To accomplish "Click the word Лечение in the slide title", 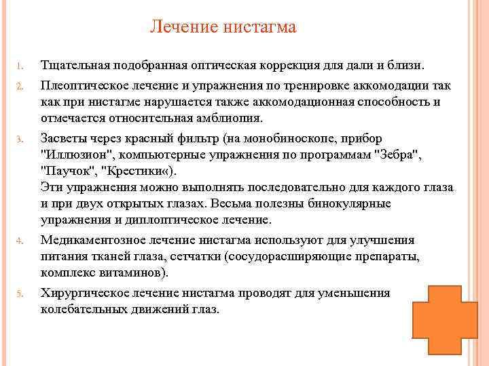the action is coord(184,26).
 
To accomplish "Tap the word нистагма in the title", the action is coord(259,27).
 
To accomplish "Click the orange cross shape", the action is coord(445,320).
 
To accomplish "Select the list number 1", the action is coord(20,66).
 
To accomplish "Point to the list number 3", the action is coord(20,139).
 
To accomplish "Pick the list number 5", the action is coord(20,293).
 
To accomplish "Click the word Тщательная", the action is coord(75,65).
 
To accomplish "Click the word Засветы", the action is coord(64,139).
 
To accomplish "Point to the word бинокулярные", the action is coord(349,204).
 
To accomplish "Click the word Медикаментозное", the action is coord(93,240).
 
